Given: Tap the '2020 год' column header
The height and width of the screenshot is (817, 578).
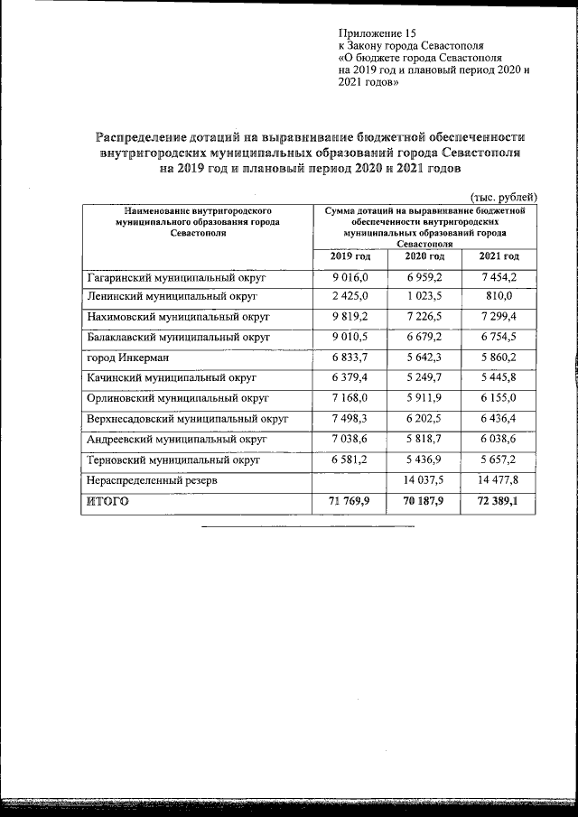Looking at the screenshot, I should [x=424, y=257].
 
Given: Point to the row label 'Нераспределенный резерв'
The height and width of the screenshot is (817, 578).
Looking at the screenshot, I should [x=151, y=481].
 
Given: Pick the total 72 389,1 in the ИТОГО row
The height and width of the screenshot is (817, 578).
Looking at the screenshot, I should [x=499, y=501].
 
